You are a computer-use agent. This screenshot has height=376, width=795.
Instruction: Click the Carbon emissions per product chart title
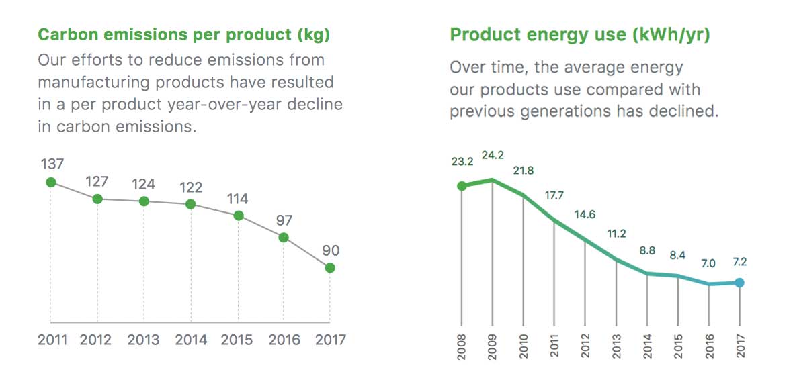click(x=183, y=35)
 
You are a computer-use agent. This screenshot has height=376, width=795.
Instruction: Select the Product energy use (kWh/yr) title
click(x=579, y=35)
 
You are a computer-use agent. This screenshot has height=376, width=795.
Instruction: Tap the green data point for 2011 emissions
click(x=50, y=182)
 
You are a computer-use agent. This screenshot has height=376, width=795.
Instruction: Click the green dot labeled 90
click(x=330, y=268)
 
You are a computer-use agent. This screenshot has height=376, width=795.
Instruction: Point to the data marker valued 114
click(x=238, y=216)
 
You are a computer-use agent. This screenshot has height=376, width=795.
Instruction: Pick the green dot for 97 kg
click(x=284, y=237)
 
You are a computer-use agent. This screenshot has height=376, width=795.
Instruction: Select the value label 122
click(x=191, y=187)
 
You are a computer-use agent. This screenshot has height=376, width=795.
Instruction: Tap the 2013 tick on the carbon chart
click(x=144, y=340)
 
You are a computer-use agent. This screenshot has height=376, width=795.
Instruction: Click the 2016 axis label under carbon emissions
click(x=284, y=340)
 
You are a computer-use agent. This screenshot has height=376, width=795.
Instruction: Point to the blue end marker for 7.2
click(x=739, y=283)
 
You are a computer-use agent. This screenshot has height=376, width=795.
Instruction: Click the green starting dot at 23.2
click(x=462, y=186)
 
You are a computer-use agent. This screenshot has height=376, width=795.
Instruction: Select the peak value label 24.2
click(x=493, y=154)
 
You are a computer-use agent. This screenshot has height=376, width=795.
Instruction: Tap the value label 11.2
click(x=617, y=234)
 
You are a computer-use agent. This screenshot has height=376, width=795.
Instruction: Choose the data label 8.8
click(x=648, y=250)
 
